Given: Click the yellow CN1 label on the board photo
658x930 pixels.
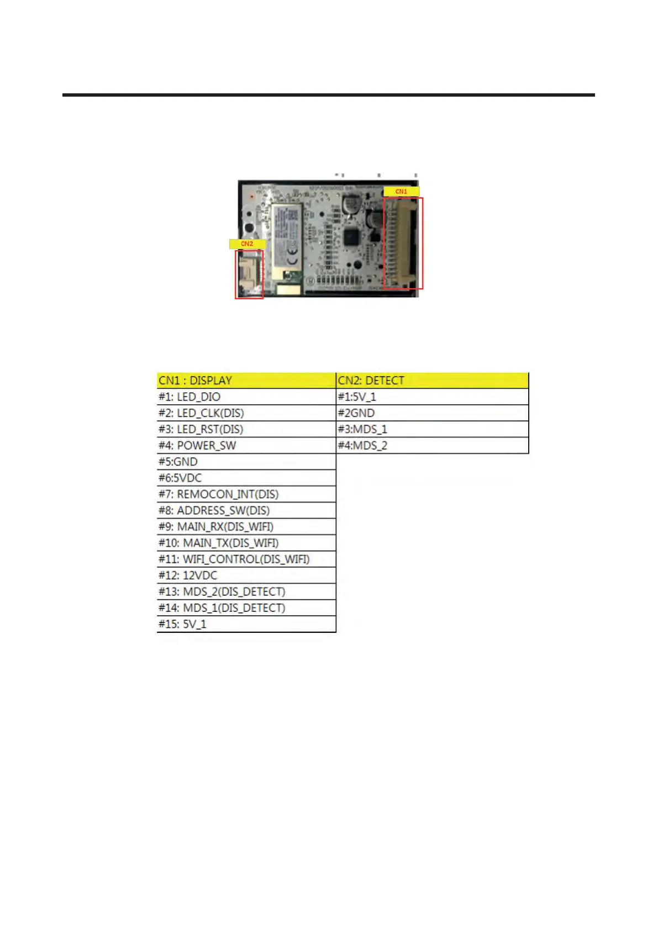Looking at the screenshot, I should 401,191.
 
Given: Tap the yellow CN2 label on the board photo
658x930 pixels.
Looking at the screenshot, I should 246,244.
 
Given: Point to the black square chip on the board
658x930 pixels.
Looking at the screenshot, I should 351,238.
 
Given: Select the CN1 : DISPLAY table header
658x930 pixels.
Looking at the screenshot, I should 246,381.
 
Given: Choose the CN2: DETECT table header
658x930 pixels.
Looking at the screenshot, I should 433,381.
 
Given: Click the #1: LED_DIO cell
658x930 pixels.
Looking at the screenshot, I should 246,397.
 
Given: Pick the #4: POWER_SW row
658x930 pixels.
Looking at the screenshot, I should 246,446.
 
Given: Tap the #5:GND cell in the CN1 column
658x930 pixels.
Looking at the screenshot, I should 246,462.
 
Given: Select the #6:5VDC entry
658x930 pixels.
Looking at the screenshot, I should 246,478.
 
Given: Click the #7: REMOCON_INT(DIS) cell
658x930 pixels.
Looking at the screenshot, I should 246,494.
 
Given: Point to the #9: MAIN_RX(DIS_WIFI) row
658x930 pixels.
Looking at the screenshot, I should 246,527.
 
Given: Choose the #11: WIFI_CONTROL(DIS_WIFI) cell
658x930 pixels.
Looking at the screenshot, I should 246,559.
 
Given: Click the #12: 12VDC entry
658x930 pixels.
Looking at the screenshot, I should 246,575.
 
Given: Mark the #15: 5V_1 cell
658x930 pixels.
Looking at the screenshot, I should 246,624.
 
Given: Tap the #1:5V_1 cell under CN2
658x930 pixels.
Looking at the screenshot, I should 433,397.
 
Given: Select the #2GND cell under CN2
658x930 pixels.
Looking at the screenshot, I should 433,413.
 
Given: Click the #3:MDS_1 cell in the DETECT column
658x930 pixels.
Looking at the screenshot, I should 433,429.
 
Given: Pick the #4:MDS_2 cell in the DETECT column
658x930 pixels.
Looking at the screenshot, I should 433,446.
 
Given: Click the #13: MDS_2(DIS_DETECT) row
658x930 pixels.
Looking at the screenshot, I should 246,592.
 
